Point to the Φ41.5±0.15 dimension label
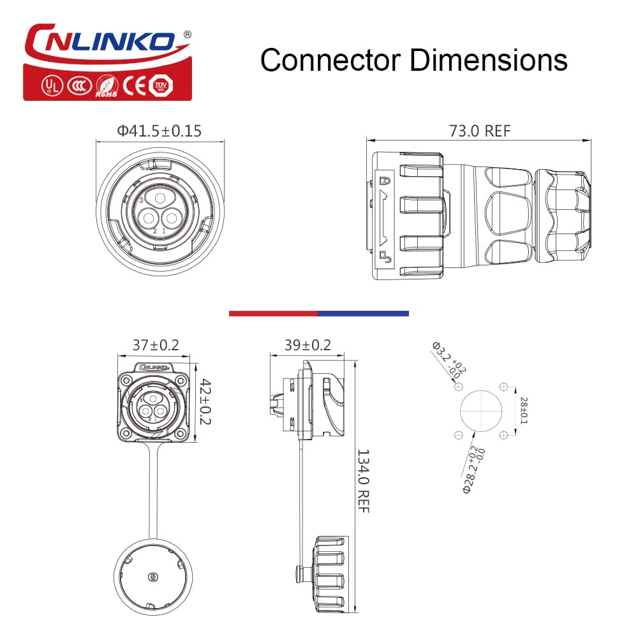tap(159, 131)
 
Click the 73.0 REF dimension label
tap(480, 131)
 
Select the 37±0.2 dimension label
tap(156, 345)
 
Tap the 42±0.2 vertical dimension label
tap(205, 403)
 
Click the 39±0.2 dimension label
tap(308, 345)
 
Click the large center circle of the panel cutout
tap(480, 412)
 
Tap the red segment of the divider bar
tap(273, 313)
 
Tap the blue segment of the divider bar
tap(363, 313)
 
